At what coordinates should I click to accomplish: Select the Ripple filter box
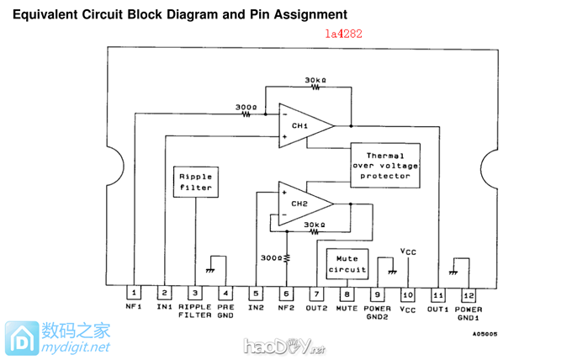pos(195,182)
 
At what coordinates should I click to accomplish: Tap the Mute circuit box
pos(346,263)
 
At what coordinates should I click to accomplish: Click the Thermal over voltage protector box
pos(385,165)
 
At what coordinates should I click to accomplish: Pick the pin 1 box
pos(134,294)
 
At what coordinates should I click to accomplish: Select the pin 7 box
pos(316,294)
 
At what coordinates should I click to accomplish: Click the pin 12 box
pos(469,294)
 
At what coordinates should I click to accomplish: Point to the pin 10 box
pos(408,294)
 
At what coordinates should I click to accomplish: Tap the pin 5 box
pos(256,294)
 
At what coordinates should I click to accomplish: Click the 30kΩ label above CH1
pos(315,78)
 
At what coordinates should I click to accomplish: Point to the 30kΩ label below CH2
pos(315,225)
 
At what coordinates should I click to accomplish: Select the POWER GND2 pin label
pos(378,312)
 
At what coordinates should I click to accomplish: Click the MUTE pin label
pos(347,308)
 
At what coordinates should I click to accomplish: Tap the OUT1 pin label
pos(437,308)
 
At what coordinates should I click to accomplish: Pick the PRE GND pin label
pos(225,312)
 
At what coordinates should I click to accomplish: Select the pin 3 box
pos(195,294)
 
